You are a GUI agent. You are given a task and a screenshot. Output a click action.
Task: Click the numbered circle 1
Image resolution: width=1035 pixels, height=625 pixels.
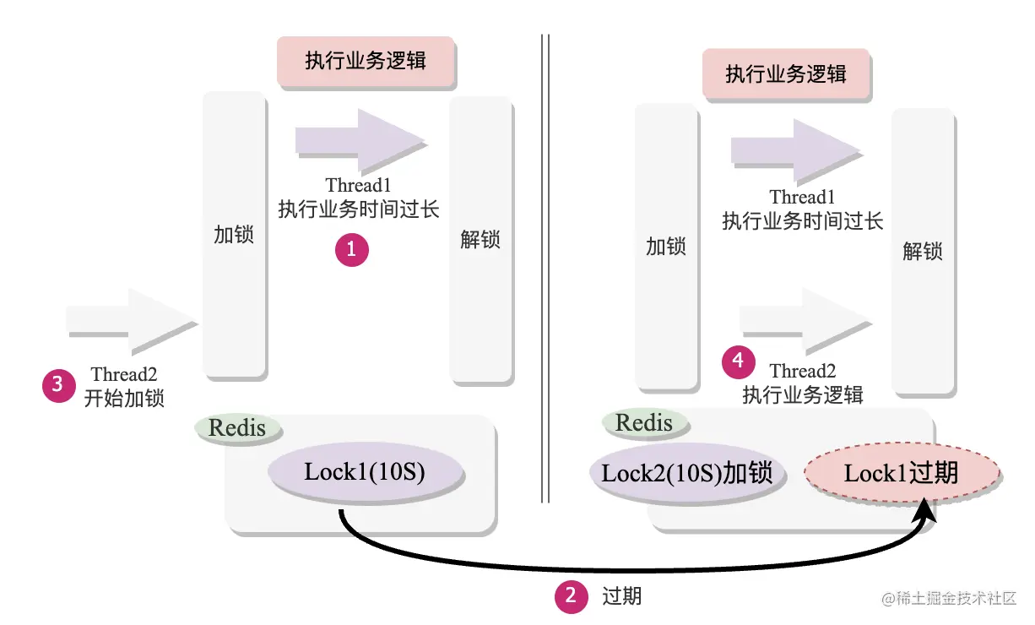coord(352,250)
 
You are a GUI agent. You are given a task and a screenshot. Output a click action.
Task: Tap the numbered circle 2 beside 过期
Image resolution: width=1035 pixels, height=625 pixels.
coord(571,596)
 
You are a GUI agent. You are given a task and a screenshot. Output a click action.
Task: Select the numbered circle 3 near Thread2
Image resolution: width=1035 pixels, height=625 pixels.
coord(58,385)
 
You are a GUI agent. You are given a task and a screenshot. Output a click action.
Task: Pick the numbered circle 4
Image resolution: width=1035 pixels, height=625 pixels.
coord(739,361)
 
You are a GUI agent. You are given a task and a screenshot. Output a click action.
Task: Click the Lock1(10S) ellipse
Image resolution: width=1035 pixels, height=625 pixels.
coord(365,472)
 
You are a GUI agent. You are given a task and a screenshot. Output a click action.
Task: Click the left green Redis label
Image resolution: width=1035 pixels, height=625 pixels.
coord(237,427)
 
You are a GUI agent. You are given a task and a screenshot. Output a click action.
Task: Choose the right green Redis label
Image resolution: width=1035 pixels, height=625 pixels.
coord(644,422)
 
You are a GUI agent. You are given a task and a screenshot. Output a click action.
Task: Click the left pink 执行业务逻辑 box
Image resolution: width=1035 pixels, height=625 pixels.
coord(366,62)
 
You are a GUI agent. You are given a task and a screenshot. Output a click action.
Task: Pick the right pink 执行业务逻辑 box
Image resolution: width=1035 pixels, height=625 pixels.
coord(786,73)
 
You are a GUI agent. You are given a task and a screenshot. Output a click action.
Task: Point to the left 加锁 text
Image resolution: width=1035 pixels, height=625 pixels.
coord(234,234)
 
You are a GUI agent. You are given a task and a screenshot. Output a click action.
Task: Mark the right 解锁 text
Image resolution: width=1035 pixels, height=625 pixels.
coord(923,251)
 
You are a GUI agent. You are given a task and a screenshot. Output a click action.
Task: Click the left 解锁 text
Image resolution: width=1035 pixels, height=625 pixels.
coord(480,239)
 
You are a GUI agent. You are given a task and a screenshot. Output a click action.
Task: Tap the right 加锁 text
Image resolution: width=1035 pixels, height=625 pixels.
coord(666,247)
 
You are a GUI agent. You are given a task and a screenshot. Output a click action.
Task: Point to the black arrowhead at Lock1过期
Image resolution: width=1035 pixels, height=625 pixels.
coord(926,510)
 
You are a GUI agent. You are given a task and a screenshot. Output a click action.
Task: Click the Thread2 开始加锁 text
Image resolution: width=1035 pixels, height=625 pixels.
coord(124,386)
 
